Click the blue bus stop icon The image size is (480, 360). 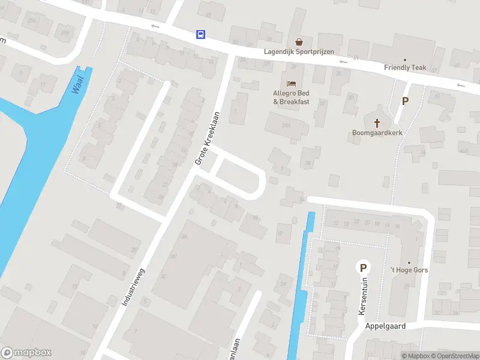coord(200,35)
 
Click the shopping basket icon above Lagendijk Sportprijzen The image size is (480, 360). coord(299,42)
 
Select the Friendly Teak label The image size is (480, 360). coord(405,68)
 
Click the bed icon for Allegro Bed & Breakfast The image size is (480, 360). coord(292,83)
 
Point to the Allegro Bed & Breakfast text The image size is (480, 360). coord(291,97)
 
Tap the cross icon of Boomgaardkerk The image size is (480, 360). coord(377,123)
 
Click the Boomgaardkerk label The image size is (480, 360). coord(377,134)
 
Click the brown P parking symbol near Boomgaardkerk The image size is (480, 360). coord(405,101)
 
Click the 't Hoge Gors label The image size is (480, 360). coord(409,270)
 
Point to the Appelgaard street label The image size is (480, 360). coord(385,326)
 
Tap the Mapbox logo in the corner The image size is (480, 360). coord(26,353)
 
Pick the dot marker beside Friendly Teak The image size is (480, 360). coord(405,59)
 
